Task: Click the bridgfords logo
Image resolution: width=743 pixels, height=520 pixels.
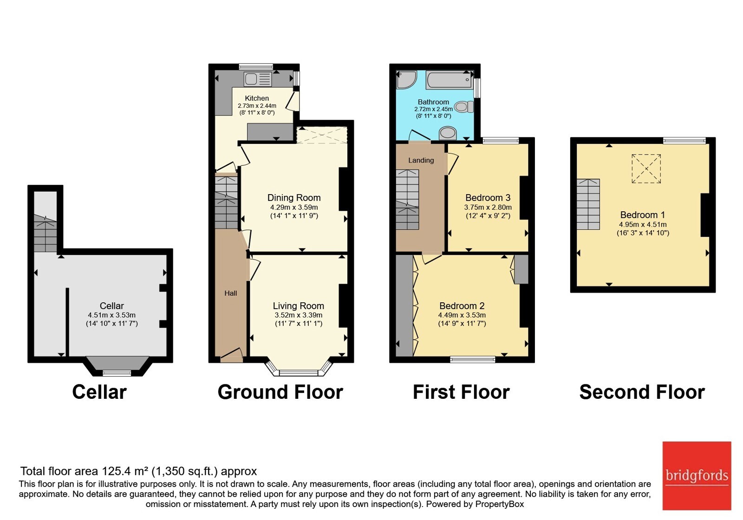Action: pos(697,475)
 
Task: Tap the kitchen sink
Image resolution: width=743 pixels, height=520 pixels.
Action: pos(258,79)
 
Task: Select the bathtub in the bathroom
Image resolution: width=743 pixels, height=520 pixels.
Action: pos(450,79)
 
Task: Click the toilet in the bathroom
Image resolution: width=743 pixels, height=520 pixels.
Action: pos(464,107)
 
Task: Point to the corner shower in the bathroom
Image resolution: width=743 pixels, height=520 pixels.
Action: pos(405,79)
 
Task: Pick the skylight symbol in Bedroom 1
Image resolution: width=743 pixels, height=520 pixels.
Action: pos(646,169)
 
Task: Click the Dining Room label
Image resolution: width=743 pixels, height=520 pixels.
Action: pos(294,198)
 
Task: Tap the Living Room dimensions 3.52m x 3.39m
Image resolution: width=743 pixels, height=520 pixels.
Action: pos(298,315)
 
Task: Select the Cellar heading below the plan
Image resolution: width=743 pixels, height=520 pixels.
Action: pos(99,392)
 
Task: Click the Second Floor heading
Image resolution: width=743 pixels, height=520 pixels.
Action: pos(642,392)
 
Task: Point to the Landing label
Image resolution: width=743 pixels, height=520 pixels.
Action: pos(421,161)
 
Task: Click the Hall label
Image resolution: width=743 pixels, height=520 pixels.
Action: pos(230,293)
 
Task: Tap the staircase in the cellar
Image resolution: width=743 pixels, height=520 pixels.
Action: pos(46,233)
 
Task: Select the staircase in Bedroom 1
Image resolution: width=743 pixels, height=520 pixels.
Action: pos(588,204)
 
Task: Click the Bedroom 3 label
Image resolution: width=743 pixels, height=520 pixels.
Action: pos(488,198)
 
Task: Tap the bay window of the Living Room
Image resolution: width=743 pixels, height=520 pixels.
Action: pos(299,369)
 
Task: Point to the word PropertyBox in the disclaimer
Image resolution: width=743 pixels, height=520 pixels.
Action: pos(500,504)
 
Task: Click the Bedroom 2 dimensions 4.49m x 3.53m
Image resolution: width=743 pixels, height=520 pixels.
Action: pos(462,315)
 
